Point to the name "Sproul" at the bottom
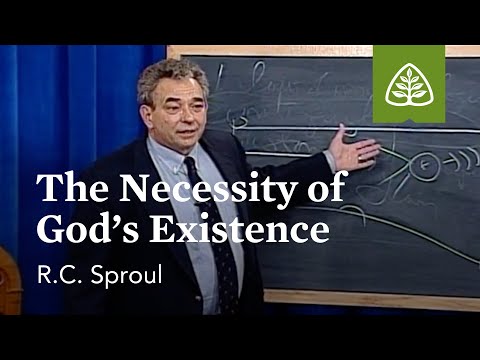tap(117, 275)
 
